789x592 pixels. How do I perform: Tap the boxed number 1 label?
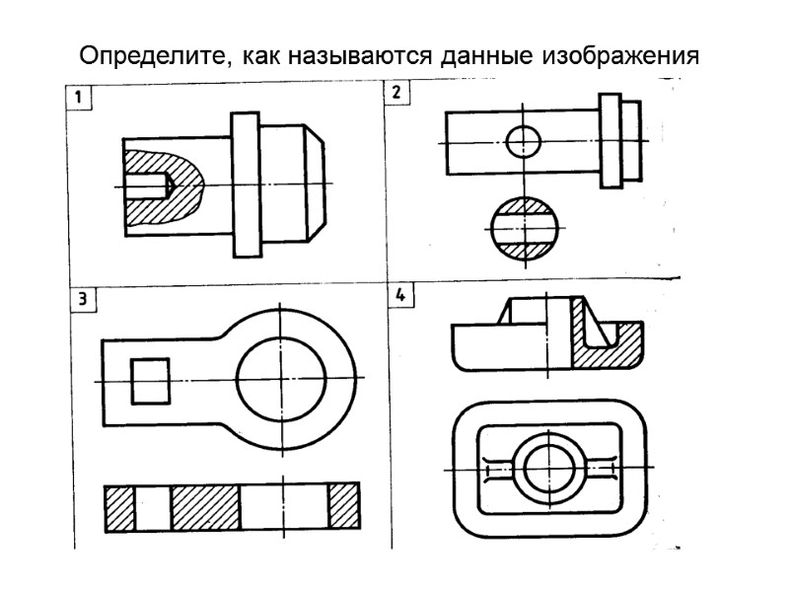pos(77,97)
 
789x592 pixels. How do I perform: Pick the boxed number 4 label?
pos(399,296)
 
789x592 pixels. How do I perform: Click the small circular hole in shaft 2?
pos(524,142)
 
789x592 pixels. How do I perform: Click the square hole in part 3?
pos(150,380)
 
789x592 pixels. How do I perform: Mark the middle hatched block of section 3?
pos(205,507)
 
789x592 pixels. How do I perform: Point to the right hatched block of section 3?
pos(344,507)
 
